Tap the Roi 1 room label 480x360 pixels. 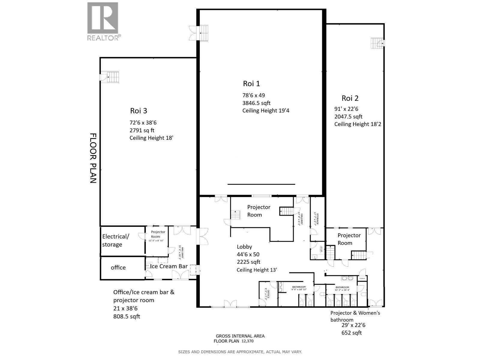[251, 84]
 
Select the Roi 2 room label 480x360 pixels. [350, 98]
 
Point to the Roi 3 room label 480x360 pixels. [138, 111]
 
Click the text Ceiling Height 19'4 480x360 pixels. [265, 111]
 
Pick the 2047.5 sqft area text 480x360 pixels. [348, 117]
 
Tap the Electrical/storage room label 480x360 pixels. [115, 240]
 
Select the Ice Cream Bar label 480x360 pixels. [169, 266]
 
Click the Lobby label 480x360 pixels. [244, 247]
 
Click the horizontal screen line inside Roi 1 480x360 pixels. [261, 184]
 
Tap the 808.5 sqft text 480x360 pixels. [126, 316]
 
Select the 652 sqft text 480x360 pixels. [352, 333]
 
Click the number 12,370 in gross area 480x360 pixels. [248, 341]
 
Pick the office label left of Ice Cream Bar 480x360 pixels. [118, 268]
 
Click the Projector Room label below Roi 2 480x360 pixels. [349, 239]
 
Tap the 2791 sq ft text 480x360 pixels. [142, 130]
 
